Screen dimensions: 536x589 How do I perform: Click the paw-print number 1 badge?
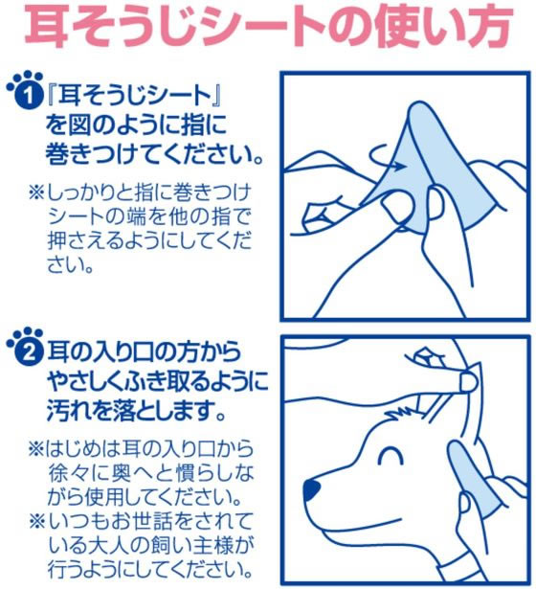pos(25,90)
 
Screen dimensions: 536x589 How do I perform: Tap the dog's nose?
pos(311,489)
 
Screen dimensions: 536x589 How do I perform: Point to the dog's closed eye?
pos(391,455)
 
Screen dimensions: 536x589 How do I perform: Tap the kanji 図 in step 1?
pos(80,125)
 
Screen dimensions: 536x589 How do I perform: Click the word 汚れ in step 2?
pos(70,410)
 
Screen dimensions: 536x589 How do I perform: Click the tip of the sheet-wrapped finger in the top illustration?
pos(419,104)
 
